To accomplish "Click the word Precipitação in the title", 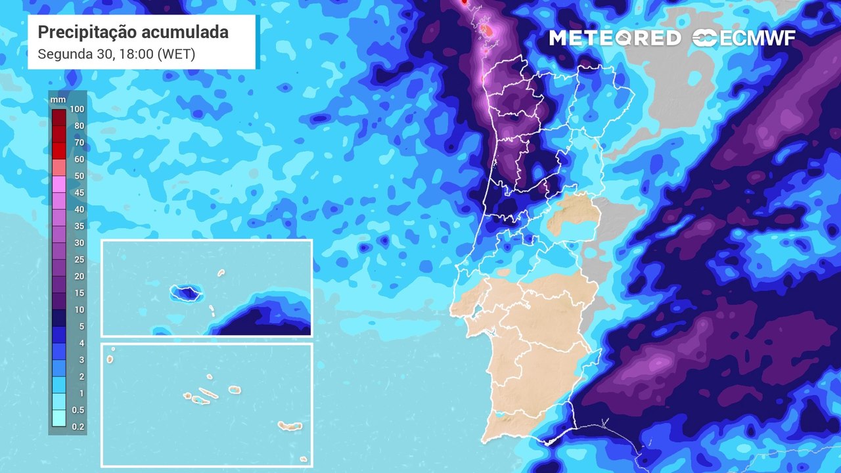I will (86, 32).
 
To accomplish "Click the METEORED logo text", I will (615, 38).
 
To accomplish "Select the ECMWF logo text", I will (756, 38).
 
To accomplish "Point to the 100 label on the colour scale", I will (77, 109).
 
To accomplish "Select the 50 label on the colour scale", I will (79, 176).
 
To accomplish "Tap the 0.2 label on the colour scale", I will (78, 427).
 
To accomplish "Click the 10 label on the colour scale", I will (79, 309).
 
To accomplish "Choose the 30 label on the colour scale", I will (79, 243).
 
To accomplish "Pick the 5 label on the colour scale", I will (81, 327).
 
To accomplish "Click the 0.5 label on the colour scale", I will (78, 410).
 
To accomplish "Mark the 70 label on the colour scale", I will (79, 143).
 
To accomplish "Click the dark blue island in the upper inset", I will (186, 293).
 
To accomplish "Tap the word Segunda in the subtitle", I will (61, 54).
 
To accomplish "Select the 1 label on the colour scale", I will (81, 394).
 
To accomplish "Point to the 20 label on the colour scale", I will (79, 277).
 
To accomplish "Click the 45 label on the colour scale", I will (79, 192).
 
